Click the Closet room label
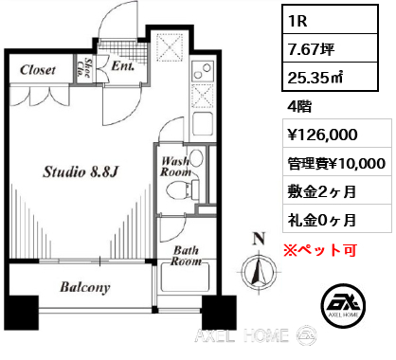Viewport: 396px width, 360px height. coord(38,70)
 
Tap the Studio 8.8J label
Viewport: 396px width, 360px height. coord(81,172)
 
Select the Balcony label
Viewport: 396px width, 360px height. coord(85,287)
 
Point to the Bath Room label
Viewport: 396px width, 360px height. coord(186,256)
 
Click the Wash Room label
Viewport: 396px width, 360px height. coord(176,167)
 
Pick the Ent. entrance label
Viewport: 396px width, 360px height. coord(123,66)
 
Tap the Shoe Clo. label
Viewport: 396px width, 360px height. coord(84,68)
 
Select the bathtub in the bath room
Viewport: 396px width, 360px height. coord(185,278)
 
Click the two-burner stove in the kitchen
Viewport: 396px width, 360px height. coord(202,71)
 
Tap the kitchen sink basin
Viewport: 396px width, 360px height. coord(202,123)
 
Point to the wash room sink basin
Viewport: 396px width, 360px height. coord(197,157)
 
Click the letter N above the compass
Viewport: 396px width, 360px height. coord(259,239)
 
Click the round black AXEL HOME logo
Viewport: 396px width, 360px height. coord(344,305)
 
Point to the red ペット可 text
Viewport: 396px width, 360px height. coord(320,250)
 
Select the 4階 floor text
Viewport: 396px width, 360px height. coord(299,106)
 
